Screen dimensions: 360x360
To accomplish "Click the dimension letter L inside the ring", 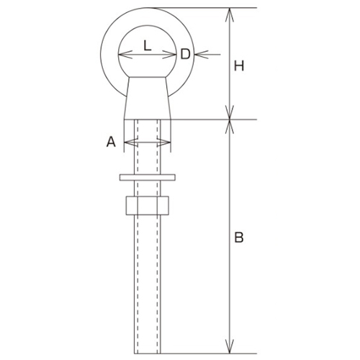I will (147, 45).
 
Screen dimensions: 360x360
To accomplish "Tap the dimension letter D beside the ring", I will (184, 53).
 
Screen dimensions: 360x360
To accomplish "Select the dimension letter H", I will (240, 66).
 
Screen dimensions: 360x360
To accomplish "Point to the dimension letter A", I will (111, 143).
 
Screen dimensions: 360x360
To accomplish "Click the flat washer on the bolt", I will (147, 176).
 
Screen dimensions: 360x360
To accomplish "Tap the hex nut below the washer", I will (147, 205).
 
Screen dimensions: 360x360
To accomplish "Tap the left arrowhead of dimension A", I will (127, 143).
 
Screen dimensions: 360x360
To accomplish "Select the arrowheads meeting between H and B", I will (230, 119).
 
